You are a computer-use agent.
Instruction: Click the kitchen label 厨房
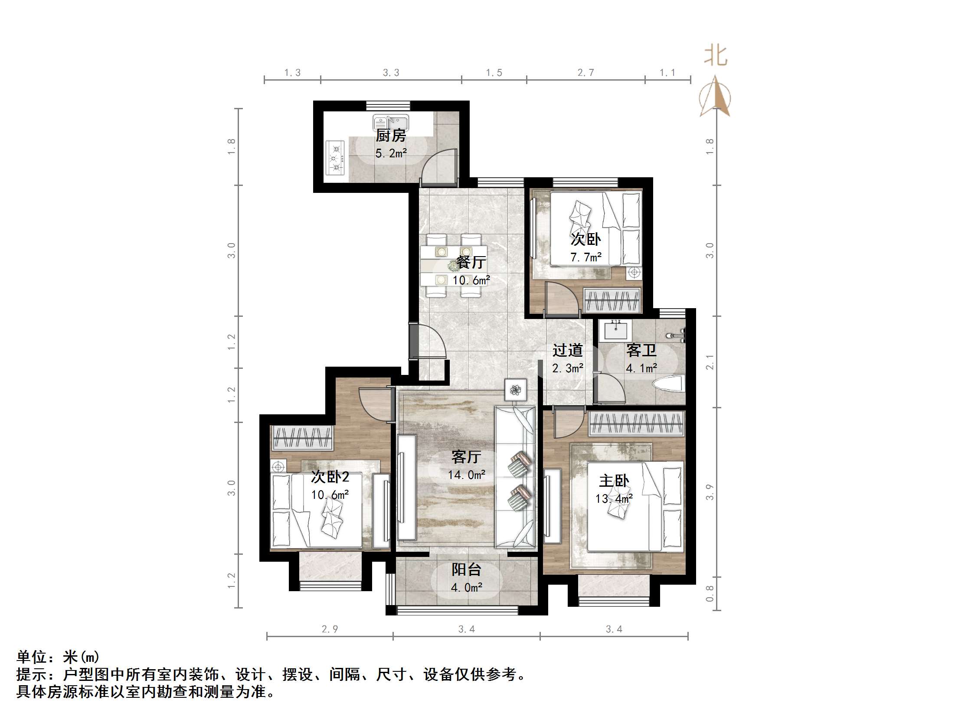point(391,136)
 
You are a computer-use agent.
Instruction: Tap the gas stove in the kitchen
point(335,158)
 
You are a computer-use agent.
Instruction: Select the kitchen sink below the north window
point(391,123)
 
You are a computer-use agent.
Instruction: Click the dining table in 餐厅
point(453,266)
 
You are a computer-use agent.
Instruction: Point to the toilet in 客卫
point(669,384)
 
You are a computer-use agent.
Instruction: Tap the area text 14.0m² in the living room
point(466,475)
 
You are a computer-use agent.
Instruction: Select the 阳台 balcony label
point(466,570)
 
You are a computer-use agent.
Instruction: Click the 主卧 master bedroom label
point(614,481)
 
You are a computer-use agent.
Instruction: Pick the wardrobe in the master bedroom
point(636,423)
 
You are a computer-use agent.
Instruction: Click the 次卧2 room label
point(330,477)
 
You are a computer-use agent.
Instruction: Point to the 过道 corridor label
point(567,350)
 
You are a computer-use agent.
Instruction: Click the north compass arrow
point(715,97)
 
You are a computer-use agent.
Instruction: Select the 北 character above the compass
point(715,56)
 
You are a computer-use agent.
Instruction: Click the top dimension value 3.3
point(391,73)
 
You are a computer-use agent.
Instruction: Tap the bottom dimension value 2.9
point(330,629)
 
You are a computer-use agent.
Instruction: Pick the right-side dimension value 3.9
point(710,492)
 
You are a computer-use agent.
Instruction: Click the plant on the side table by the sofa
point(516,390)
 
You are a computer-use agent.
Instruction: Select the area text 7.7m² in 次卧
point(586,257)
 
